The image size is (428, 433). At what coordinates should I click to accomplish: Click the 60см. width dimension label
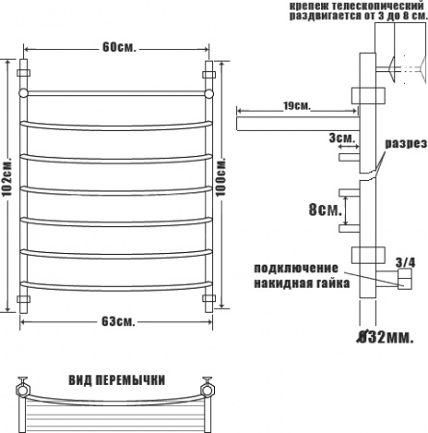(120, 48)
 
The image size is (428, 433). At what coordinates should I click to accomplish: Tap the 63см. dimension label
(119, 321)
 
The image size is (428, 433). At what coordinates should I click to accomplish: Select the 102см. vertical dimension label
(7, 177)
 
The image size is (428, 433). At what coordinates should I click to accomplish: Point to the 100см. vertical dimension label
(221, 177)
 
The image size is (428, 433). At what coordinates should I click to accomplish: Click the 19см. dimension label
(297, 106)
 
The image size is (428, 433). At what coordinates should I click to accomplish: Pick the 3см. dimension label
(342, 139)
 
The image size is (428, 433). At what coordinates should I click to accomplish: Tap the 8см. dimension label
(325, 210)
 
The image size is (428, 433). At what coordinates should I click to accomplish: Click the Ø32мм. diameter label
(385, 337)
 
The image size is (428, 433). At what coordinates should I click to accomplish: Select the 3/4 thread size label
(405, 263)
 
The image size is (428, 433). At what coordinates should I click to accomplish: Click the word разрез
(406, 143)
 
